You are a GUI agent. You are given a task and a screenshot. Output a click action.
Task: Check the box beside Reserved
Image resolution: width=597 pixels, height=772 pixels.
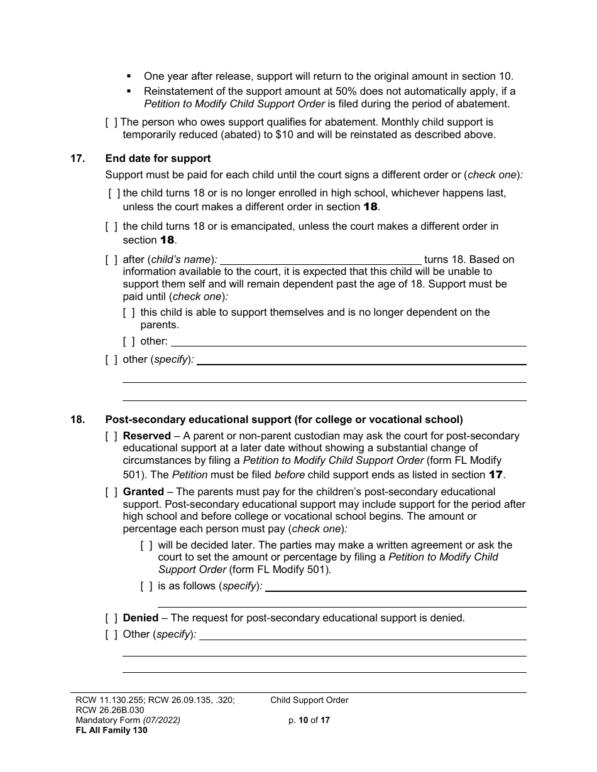point(111,436)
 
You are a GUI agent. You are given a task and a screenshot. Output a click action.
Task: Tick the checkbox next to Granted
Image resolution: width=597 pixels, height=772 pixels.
point(111,492)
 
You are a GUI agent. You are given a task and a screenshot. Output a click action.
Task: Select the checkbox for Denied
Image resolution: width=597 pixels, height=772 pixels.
point(111,618)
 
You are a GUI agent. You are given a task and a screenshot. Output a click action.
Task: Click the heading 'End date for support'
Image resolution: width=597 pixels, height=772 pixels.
point(158,159)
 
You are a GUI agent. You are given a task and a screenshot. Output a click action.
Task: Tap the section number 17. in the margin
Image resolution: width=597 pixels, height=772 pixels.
point(77,159)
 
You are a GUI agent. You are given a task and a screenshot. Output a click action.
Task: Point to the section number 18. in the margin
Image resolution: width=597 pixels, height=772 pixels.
point(77,420)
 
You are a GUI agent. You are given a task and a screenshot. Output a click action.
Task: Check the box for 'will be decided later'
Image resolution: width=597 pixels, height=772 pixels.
point(146,545)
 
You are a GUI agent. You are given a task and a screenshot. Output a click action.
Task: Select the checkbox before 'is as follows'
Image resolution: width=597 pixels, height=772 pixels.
point(146,586)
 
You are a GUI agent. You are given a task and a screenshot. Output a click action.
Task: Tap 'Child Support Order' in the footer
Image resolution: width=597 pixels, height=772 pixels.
point(309,700)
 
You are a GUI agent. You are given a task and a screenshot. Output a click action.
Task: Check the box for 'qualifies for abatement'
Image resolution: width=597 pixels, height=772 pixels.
point(111,122)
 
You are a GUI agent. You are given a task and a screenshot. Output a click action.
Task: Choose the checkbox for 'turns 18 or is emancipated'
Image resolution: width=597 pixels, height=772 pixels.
point(111,226)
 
